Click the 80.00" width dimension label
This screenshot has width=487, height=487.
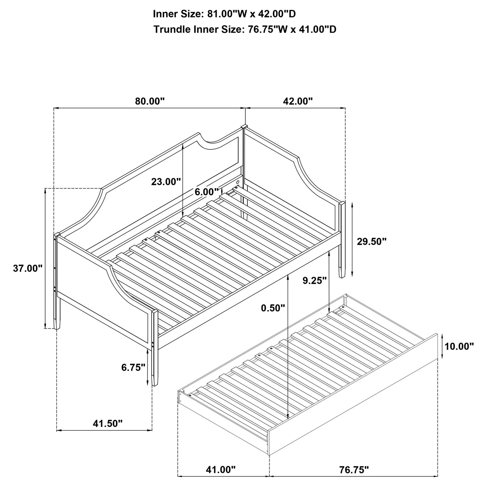150,101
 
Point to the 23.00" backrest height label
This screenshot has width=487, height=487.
166,182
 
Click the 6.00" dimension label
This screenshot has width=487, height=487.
207,192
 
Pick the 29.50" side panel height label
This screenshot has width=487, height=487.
371,241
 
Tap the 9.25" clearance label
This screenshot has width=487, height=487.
314,280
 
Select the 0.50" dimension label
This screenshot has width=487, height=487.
273,308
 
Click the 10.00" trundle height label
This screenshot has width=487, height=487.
459,346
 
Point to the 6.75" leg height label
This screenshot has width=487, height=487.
133,367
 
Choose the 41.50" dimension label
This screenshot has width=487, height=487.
108,424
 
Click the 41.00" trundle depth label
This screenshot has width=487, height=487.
221,469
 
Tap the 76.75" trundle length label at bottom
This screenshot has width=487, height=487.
354,469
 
